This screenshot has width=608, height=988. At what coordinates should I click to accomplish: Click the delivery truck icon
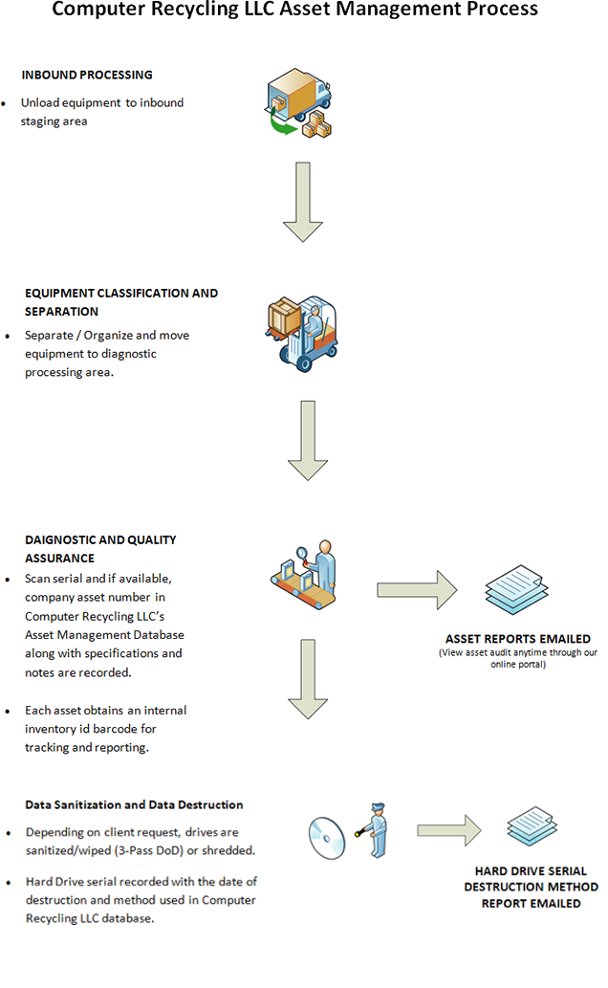point(298,102)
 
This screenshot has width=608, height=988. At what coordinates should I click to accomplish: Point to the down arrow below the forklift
point(308,440)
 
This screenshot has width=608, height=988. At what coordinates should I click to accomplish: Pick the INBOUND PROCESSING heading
point(86,75)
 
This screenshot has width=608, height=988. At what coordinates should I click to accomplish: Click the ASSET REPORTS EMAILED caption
point(517,639)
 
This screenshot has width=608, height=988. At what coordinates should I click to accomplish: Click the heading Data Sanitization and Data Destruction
point(134,805)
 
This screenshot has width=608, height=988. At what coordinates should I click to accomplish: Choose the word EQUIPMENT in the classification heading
point(61,294)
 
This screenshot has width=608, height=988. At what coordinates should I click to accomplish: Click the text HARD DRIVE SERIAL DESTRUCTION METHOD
point(532,879)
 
